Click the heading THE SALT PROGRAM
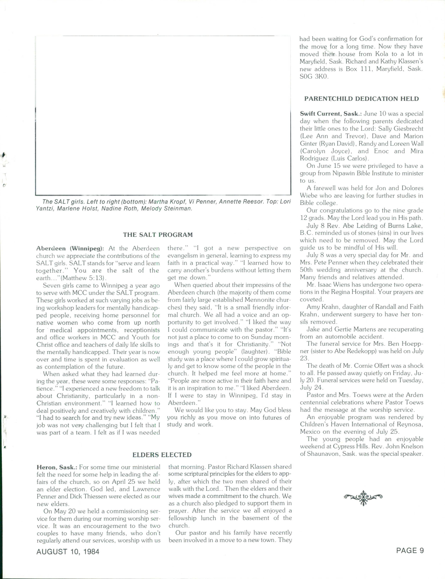(x=158, y=235)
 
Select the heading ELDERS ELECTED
(x=162, y=455)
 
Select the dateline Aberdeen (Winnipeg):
(x=70, y=248)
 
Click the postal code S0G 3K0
(x=314, y=77)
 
